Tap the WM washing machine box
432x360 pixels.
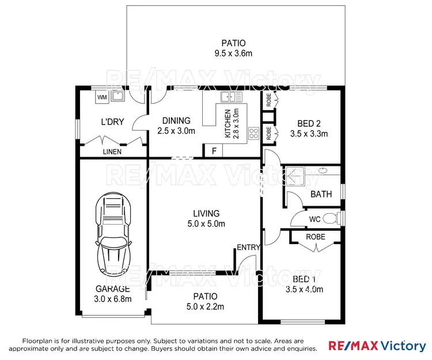click(101, 97)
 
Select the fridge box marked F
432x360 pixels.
click(214, 151)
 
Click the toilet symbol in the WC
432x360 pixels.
click(330, 218)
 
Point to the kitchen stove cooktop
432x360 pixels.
click(253, 134)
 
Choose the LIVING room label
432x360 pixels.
click(206, 214)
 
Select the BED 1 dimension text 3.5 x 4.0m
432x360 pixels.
click(304, 290)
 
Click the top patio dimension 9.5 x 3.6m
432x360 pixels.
click(233, 54)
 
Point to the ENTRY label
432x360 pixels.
click(249, 247)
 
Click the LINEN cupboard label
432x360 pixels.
click(112, 152)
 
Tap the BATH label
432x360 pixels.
click(321, 194)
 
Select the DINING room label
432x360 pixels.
click(176, 120)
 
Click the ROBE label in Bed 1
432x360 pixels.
click(315, 237)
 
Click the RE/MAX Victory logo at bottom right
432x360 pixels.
click(377, 346)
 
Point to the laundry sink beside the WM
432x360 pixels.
click(119, 96)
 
